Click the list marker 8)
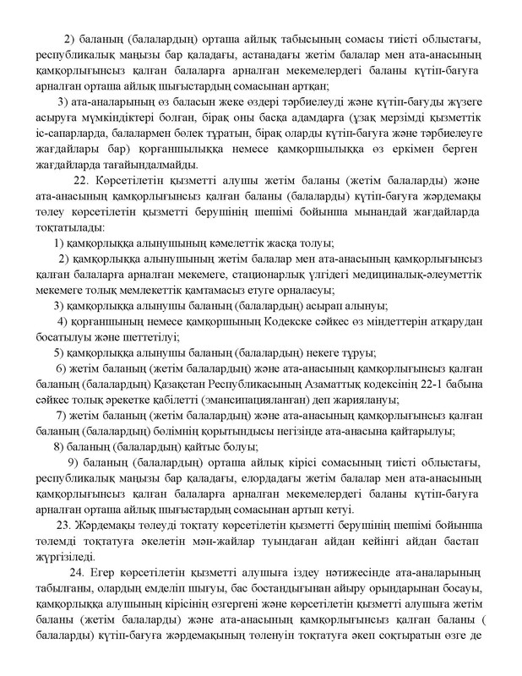[x=60, y=447]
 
